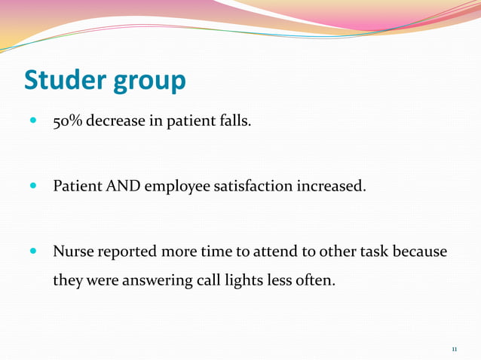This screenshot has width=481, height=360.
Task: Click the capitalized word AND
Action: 122,185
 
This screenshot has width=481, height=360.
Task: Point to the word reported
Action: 127,252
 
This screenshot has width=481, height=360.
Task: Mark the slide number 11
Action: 455,349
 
